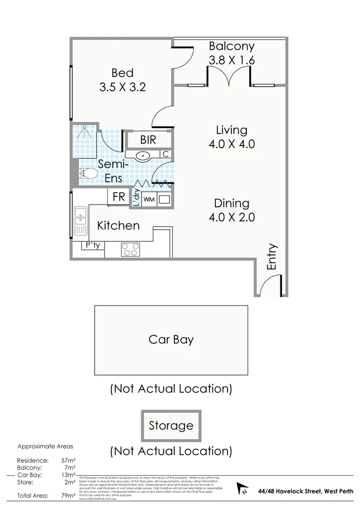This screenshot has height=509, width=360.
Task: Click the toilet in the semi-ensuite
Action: (86, 173)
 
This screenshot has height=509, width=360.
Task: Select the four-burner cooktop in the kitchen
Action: (130, 250)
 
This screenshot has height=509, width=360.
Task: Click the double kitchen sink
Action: (81, 221)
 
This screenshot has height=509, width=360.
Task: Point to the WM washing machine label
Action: (149, 200)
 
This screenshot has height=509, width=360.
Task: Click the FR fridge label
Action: (118, 197)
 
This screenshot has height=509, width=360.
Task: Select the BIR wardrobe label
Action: (148, 140)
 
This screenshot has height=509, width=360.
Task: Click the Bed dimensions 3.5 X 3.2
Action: (123, 87)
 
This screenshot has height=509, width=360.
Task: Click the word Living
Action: (231, 130)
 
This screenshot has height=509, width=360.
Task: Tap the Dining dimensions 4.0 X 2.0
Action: (231, 217)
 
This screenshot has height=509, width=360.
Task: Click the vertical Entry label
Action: (272, 257)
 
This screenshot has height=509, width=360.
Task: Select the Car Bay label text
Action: (171, 340)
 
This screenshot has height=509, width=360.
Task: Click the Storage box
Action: (171, 426)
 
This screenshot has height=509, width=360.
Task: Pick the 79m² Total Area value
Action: (68, 496)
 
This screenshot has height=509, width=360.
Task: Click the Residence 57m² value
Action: (68, 461)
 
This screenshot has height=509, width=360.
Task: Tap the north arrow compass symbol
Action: (243, 490)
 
